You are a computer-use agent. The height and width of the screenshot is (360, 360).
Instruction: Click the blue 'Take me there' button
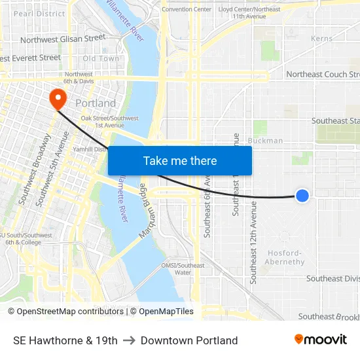tap(180, 160)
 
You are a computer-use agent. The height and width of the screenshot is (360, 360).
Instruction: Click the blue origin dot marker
tap(302, 195)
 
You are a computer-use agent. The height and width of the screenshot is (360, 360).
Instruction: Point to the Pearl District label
tap(39, 13)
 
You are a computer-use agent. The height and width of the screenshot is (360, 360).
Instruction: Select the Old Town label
tap(101, 59)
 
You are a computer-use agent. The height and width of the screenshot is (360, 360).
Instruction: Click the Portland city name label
tap(96, 103)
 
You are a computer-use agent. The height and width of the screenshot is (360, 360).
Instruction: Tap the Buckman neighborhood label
tap(265, 141)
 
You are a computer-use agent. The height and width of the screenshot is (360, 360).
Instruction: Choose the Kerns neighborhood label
tap(322, 39)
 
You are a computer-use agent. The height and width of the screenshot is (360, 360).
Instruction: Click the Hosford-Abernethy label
tap(284, 257)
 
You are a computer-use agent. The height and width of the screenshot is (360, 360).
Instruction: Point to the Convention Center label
tap(187, 9)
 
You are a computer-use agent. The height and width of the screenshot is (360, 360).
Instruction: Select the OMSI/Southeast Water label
tap(183, 268)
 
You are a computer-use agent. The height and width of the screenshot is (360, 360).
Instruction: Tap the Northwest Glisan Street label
tap(63, 39)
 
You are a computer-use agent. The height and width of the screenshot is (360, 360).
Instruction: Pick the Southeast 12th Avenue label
tap(254, 242)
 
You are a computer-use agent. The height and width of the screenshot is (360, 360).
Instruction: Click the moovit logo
tap(321, 340)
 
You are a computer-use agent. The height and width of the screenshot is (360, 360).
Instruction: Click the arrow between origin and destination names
tap(129, 340)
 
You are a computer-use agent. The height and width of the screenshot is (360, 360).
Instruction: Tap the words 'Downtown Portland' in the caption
tap(189, 340)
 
